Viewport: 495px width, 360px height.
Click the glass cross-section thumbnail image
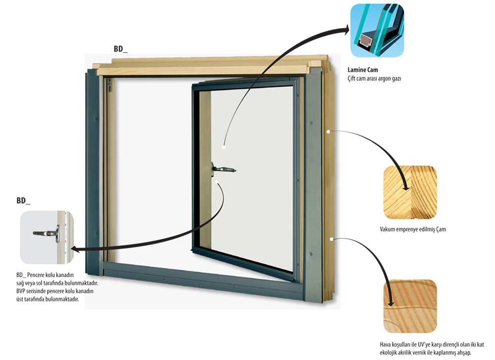tap(377, 30)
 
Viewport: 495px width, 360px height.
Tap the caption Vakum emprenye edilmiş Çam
tap(413, 229)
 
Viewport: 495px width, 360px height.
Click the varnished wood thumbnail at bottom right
tap(410, 306)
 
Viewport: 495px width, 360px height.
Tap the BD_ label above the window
tap(121, 49)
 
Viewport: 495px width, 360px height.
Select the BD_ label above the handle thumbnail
tap(23, 201)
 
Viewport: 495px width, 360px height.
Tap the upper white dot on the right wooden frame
tap(329, 132)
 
